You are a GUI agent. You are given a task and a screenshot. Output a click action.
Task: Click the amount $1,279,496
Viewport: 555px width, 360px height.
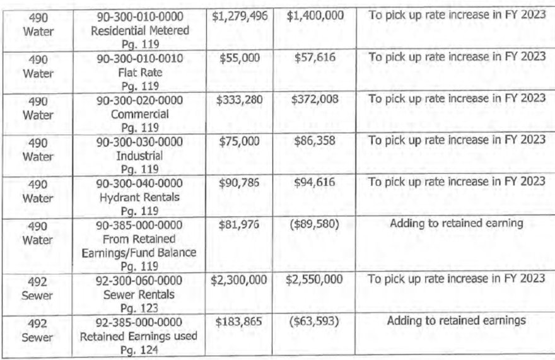tap(240, 15)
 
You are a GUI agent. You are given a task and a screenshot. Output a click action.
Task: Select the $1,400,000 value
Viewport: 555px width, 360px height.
tap(315, 15)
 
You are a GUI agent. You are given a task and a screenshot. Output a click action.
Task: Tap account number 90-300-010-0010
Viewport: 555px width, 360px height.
tap(140, 57)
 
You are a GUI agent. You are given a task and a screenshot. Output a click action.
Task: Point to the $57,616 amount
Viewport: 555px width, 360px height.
tap(315, 57)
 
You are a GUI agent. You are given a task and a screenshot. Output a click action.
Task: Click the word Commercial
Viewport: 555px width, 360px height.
tap(140, 115)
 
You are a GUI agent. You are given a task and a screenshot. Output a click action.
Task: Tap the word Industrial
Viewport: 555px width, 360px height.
tap(140, 155)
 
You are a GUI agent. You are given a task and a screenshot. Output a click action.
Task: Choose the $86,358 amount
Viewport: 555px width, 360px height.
tap(315, 141)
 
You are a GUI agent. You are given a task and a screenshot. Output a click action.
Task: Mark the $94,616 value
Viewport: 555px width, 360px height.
tap(315, 182)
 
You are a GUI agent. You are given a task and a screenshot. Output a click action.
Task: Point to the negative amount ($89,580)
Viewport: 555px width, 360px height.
tap(315, 223)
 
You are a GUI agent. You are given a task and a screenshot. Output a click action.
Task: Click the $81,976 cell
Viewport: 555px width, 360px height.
tap(240, 223)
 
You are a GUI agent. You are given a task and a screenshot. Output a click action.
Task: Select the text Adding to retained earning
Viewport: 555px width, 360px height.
tap(457, 223)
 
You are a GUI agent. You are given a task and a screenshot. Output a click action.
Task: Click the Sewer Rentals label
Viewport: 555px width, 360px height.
tap(140, 294)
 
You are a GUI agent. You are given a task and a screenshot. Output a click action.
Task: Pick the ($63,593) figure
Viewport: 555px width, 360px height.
tap(315, 321)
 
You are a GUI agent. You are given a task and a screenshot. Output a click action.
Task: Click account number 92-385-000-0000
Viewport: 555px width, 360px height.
tap(140, 321)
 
